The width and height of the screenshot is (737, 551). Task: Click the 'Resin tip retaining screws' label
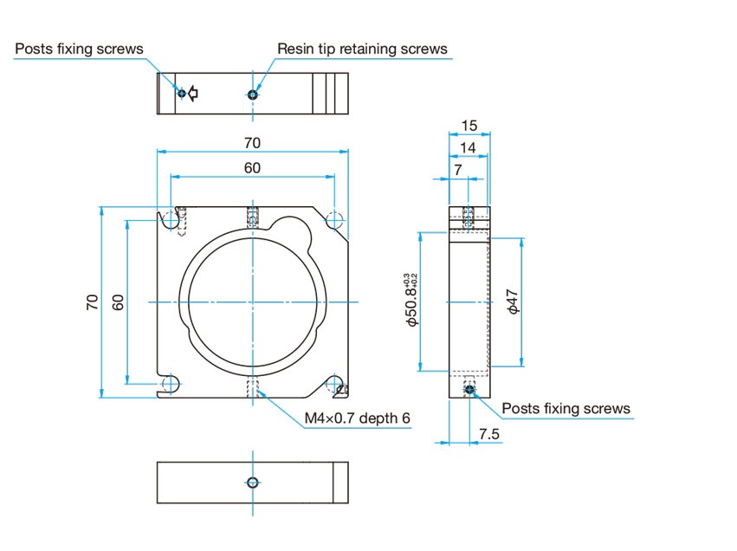362,49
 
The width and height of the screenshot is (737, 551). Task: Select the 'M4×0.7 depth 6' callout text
357,418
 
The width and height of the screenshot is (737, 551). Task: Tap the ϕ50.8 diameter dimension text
411,300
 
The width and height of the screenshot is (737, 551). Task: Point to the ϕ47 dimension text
513,301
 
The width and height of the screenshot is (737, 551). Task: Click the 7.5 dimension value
488,434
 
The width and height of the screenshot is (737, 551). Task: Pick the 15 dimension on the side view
469,126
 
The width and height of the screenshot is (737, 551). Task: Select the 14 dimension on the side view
468,147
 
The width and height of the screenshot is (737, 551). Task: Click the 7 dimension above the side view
458,170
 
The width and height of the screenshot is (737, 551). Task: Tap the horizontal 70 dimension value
252,142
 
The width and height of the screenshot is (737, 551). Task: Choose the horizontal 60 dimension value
252,168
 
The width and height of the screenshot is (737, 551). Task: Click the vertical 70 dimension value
92,301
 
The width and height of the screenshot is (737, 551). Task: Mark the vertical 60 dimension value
118,301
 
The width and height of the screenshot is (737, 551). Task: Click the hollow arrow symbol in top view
193,94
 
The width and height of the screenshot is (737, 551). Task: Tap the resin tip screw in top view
253,94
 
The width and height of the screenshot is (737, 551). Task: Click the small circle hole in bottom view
253,483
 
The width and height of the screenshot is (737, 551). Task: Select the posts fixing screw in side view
469,389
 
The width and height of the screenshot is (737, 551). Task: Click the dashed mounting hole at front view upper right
334,219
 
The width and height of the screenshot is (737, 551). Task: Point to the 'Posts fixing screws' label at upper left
79,49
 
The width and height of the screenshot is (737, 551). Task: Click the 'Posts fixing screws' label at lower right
566,408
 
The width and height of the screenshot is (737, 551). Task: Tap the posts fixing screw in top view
182,93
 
